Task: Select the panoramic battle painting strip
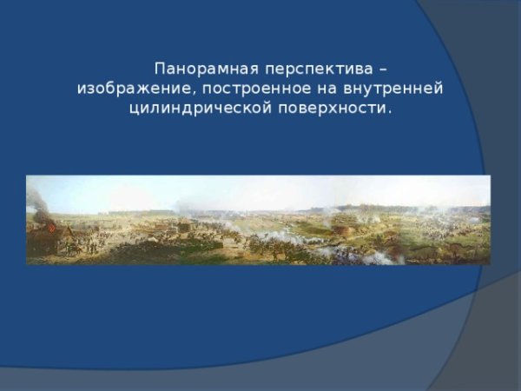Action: click(258, 220)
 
